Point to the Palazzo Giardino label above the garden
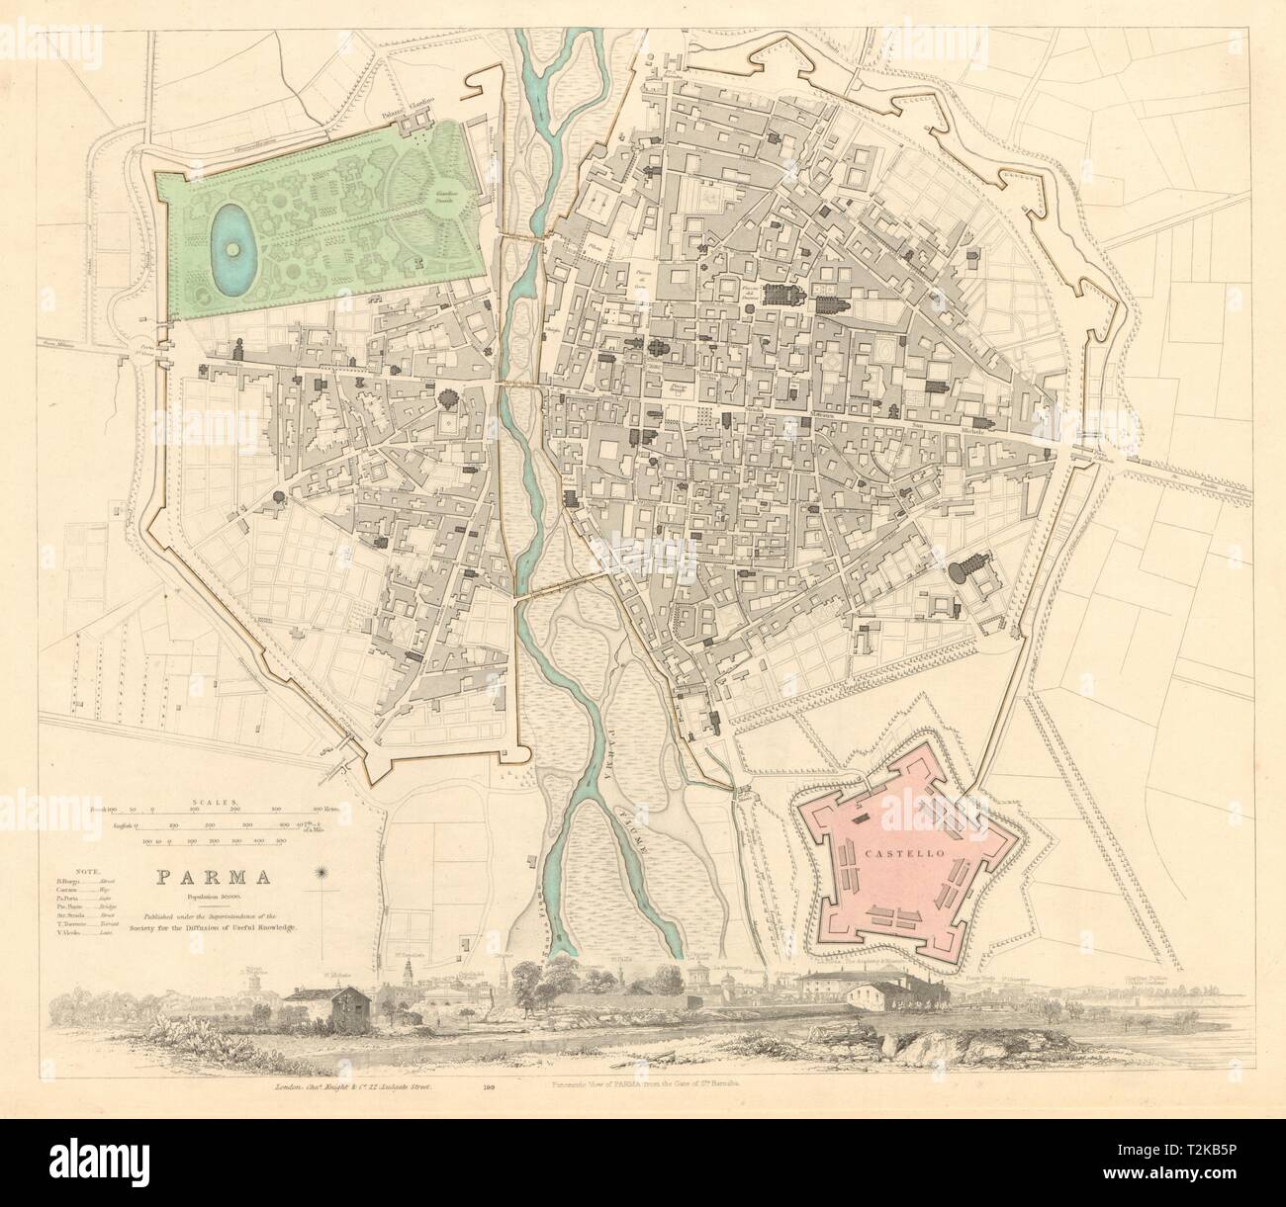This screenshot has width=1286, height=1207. (409, 104)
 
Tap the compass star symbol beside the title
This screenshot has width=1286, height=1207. (321, 873)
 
